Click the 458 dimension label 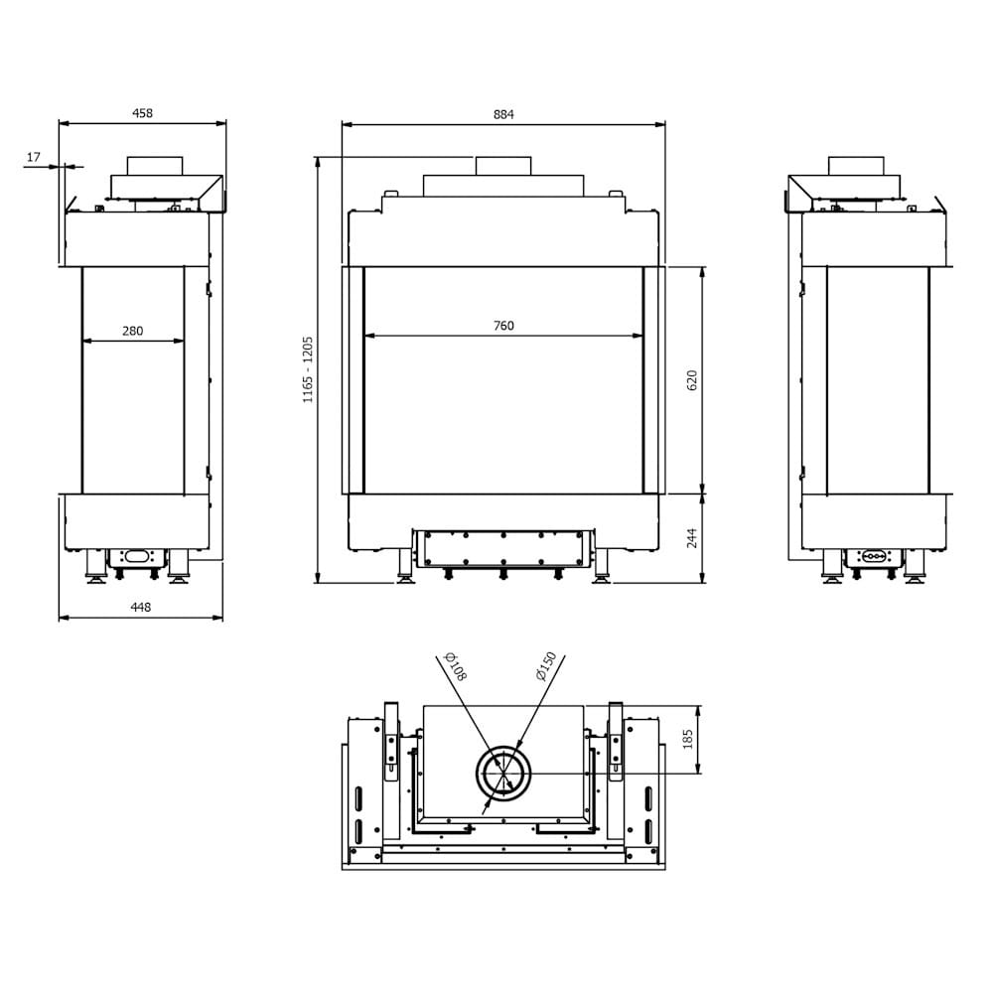(143, 113)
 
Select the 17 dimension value (34, 157)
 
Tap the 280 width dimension (132, 331)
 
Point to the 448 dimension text (141, 608)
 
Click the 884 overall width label (503, 113)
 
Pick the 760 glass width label (503, 326)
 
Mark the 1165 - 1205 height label (308, 368)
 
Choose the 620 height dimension (692, 378)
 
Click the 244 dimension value (692, 537)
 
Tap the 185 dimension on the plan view (688, 739)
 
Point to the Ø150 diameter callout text (545, 666)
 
